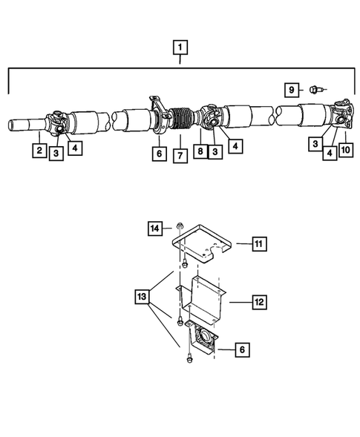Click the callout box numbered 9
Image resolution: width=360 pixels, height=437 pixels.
(x=292, y=90)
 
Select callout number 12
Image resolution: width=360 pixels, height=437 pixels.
(x=259, y=302)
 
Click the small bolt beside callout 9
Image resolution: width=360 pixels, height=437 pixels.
(x=315, y=90)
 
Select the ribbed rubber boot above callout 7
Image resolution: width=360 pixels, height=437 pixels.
(x=180, y=120)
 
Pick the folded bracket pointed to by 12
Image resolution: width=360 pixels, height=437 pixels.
(x=205, y=300)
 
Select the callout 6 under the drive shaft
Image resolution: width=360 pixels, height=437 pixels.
(x=157, y=154)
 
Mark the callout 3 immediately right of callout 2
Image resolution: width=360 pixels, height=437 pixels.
(x=56, y=154)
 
